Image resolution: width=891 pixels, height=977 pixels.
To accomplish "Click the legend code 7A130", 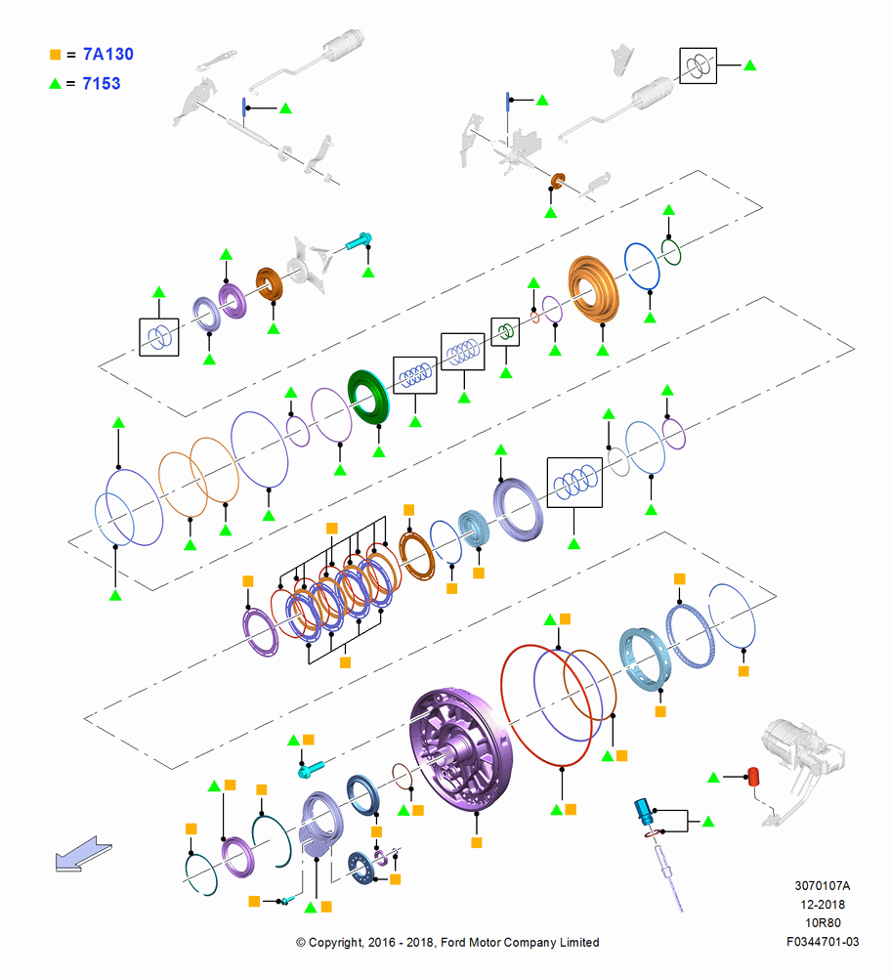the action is pyautogui.click(x=107, y=54).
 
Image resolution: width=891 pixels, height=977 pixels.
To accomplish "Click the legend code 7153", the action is pyautogui.click(x=101, y=83).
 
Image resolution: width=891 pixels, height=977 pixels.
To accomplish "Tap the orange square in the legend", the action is pyautogui.click(x=56, y=55).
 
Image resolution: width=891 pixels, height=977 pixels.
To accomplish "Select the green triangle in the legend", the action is pyautogui.click(x=56, y=83).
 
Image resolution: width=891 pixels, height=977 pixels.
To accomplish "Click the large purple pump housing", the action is pyautogui.click(x=460, y=749).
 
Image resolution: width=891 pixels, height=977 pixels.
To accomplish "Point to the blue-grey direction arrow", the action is pyautogui.click(x=83, y=854).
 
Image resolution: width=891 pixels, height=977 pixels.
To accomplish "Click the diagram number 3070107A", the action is pyautogui.click(x=822, y=885).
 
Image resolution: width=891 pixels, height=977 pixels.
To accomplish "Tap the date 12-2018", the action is pyautogui.click(x=823, y=904).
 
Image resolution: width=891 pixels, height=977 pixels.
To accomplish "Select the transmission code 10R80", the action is pyautogui.click(x=823, y=923).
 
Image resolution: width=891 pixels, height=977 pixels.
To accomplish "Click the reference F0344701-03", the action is pyautogui.click(x=823, y=942).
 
